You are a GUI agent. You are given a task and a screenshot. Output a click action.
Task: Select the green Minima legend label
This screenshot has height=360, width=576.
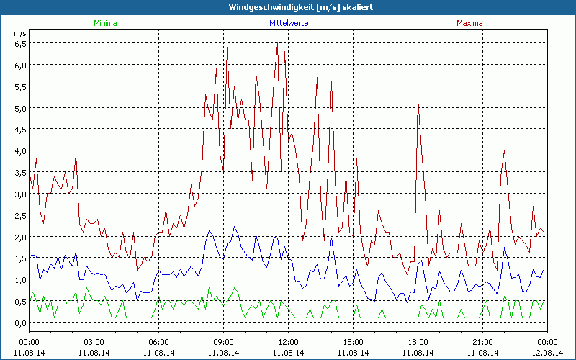click(x=105, y=23)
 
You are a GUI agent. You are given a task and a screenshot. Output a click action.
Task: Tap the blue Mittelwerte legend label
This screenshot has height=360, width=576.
click(x=288, y=23)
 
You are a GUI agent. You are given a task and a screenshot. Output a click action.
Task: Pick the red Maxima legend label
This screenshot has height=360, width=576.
click(x=471, y=23)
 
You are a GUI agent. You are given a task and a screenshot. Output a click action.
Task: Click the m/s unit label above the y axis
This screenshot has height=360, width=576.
click(x=19, y=33)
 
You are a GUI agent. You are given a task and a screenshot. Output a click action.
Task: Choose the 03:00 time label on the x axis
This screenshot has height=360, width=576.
click(x=94, y=342)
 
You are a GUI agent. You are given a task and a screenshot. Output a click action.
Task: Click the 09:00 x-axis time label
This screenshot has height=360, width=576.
click(x=223, y=342)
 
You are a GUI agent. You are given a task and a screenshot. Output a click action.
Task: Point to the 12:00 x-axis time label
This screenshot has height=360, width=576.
click(x=288, y=342)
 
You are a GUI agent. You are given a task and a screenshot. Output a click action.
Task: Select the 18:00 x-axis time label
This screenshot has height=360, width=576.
click(x=418, y=342)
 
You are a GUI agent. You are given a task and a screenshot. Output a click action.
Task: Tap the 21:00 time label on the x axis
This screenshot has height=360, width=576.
click(x=482, y=342)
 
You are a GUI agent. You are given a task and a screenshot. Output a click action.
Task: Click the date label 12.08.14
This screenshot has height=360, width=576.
click(x=547, y=353)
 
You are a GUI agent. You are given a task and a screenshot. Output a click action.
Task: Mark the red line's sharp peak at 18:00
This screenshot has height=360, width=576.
click(x=418, y=99)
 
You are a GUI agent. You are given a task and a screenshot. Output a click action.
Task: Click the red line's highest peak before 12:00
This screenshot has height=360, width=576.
click(x=277, y=45)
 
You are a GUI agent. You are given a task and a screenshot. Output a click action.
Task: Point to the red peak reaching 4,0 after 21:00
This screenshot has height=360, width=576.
click(x=505, y=150)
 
